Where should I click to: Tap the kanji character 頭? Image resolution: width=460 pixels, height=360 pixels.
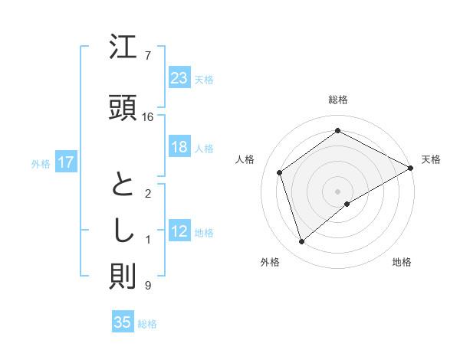pyautogui.click(x=123, y=107)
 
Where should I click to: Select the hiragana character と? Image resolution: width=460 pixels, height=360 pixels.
pyautogui.click(x=123, y=186)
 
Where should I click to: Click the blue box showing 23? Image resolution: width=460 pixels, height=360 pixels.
pyautogui.click(x=179, y=78)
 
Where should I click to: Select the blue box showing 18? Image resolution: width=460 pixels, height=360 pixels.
pyautogui.click(x=179, y=148)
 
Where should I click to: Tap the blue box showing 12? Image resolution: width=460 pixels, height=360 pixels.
pyautogui.click(x=179, y=232)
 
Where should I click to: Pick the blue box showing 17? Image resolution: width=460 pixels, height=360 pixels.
pyautogui.click(x=65, y=162)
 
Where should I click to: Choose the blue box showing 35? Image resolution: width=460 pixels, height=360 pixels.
pyautogui.click(x=123, y=322)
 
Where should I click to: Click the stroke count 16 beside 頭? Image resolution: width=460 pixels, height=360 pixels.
pyautogui.click(x=148, y=116)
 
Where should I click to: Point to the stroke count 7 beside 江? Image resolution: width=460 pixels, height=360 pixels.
pyautogui.click(x=148, y=55)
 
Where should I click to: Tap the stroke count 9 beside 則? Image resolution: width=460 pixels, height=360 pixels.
pyautogui.click(x=148, y=286)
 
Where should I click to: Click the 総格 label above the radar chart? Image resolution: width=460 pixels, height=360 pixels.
pyautogui.click(x=338, y=100)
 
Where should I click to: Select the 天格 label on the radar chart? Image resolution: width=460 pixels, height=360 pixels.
pyautogui.click(x=432, y=159)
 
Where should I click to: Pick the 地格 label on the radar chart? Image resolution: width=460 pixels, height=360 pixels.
pyautogui.click(x=402, y=262)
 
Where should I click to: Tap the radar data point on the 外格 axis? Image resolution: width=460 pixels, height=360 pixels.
pyautogui.click(x=302, y=242)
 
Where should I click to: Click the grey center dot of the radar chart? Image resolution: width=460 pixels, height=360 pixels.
pyautogui.click(x=338, y=191)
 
